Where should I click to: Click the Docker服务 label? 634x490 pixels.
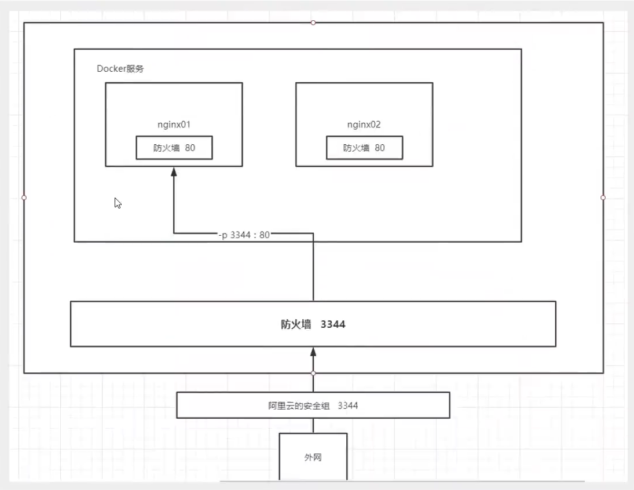120,68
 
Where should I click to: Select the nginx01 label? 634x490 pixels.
174,125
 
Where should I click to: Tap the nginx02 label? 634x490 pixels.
364,125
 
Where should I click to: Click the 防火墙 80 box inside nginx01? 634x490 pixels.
174,148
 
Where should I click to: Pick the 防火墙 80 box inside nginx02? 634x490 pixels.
364,148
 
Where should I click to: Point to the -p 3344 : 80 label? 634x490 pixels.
244,235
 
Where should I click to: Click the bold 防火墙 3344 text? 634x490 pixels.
313,324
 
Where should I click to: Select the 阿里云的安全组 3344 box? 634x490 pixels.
313,405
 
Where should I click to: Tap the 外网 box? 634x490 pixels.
313,457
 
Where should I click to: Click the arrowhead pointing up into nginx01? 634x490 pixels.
173,172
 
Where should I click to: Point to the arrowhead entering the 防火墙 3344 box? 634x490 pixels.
313,352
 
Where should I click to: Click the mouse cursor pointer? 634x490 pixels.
118,203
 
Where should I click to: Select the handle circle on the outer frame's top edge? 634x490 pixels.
313,23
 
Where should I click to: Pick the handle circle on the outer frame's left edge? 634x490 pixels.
24,198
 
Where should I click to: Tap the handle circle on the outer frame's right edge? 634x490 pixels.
603,198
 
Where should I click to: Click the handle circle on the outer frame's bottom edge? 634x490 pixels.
313,373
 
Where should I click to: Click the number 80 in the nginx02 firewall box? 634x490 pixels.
379,148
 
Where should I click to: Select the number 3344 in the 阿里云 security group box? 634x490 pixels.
347,405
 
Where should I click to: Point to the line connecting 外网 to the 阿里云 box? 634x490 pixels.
313,426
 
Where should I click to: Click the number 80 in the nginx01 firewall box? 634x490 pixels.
190,148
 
